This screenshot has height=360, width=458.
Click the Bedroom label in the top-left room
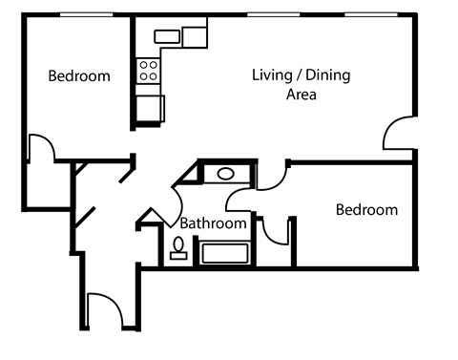(x=79, y=76)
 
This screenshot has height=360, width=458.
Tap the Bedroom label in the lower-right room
(x=366, y=210)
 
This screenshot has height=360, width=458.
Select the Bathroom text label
(x=214, y=223)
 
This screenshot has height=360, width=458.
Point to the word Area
(x=302, y=95)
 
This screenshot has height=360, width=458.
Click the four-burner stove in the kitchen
(x=149, y=70)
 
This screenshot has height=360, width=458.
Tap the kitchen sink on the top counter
(x=168, y=37)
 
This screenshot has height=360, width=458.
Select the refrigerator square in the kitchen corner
(x=195, y=37)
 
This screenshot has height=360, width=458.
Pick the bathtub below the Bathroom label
(x=223, y=254)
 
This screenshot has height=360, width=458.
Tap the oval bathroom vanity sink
(x=226, y=174)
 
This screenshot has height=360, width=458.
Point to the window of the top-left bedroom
(x=81, y=16)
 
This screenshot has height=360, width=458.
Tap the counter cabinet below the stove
(x=149, y=108)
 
